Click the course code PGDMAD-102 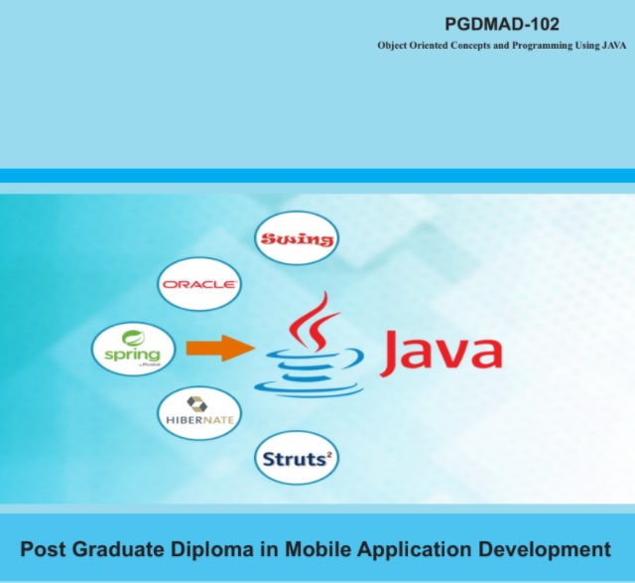click(x=502, y=24)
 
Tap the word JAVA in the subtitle click(x=614, y=46)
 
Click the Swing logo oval click(x=297, y=238)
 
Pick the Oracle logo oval click(x=198, y=284)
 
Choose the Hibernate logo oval click(x=199, y=413)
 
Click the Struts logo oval click(x=297, y=458)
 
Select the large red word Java click(x=442, y=354)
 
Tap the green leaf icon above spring click(x=133, y=338)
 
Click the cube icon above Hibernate click(x=197, y=404)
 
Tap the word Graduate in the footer click(x=119, y=549)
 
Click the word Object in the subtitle click(x=392, y=46)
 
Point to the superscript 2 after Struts click(x=329, y=455)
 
